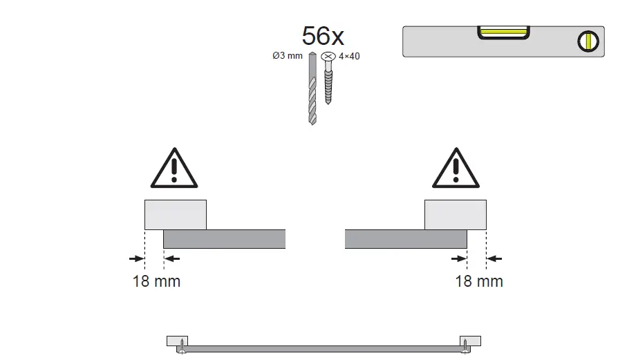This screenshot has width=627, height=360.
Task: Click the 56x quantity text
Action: pos(323,35)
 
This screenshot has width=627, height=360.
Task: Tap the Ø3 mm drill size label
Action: pos(288,55)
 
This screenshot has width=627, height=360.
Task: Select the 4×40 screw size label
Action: pos(349,57)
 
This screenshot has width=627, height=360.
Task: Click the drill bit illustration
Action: pos(312,88)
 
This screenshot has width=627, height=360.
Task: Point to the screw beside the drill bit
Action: pos(328,78)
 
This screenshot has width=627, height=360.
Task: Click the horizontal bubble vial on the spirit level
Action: pos(503,32)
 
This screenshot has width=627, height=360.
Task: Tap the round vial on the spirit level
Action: pos(588,41)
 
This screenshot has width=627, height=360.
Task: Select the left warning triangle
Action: pos(174,168)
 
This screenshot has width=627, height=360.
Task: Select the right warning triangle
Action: pos(456,168)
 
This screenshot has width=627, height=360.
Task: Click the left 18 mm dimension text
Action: pos(156,281)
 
